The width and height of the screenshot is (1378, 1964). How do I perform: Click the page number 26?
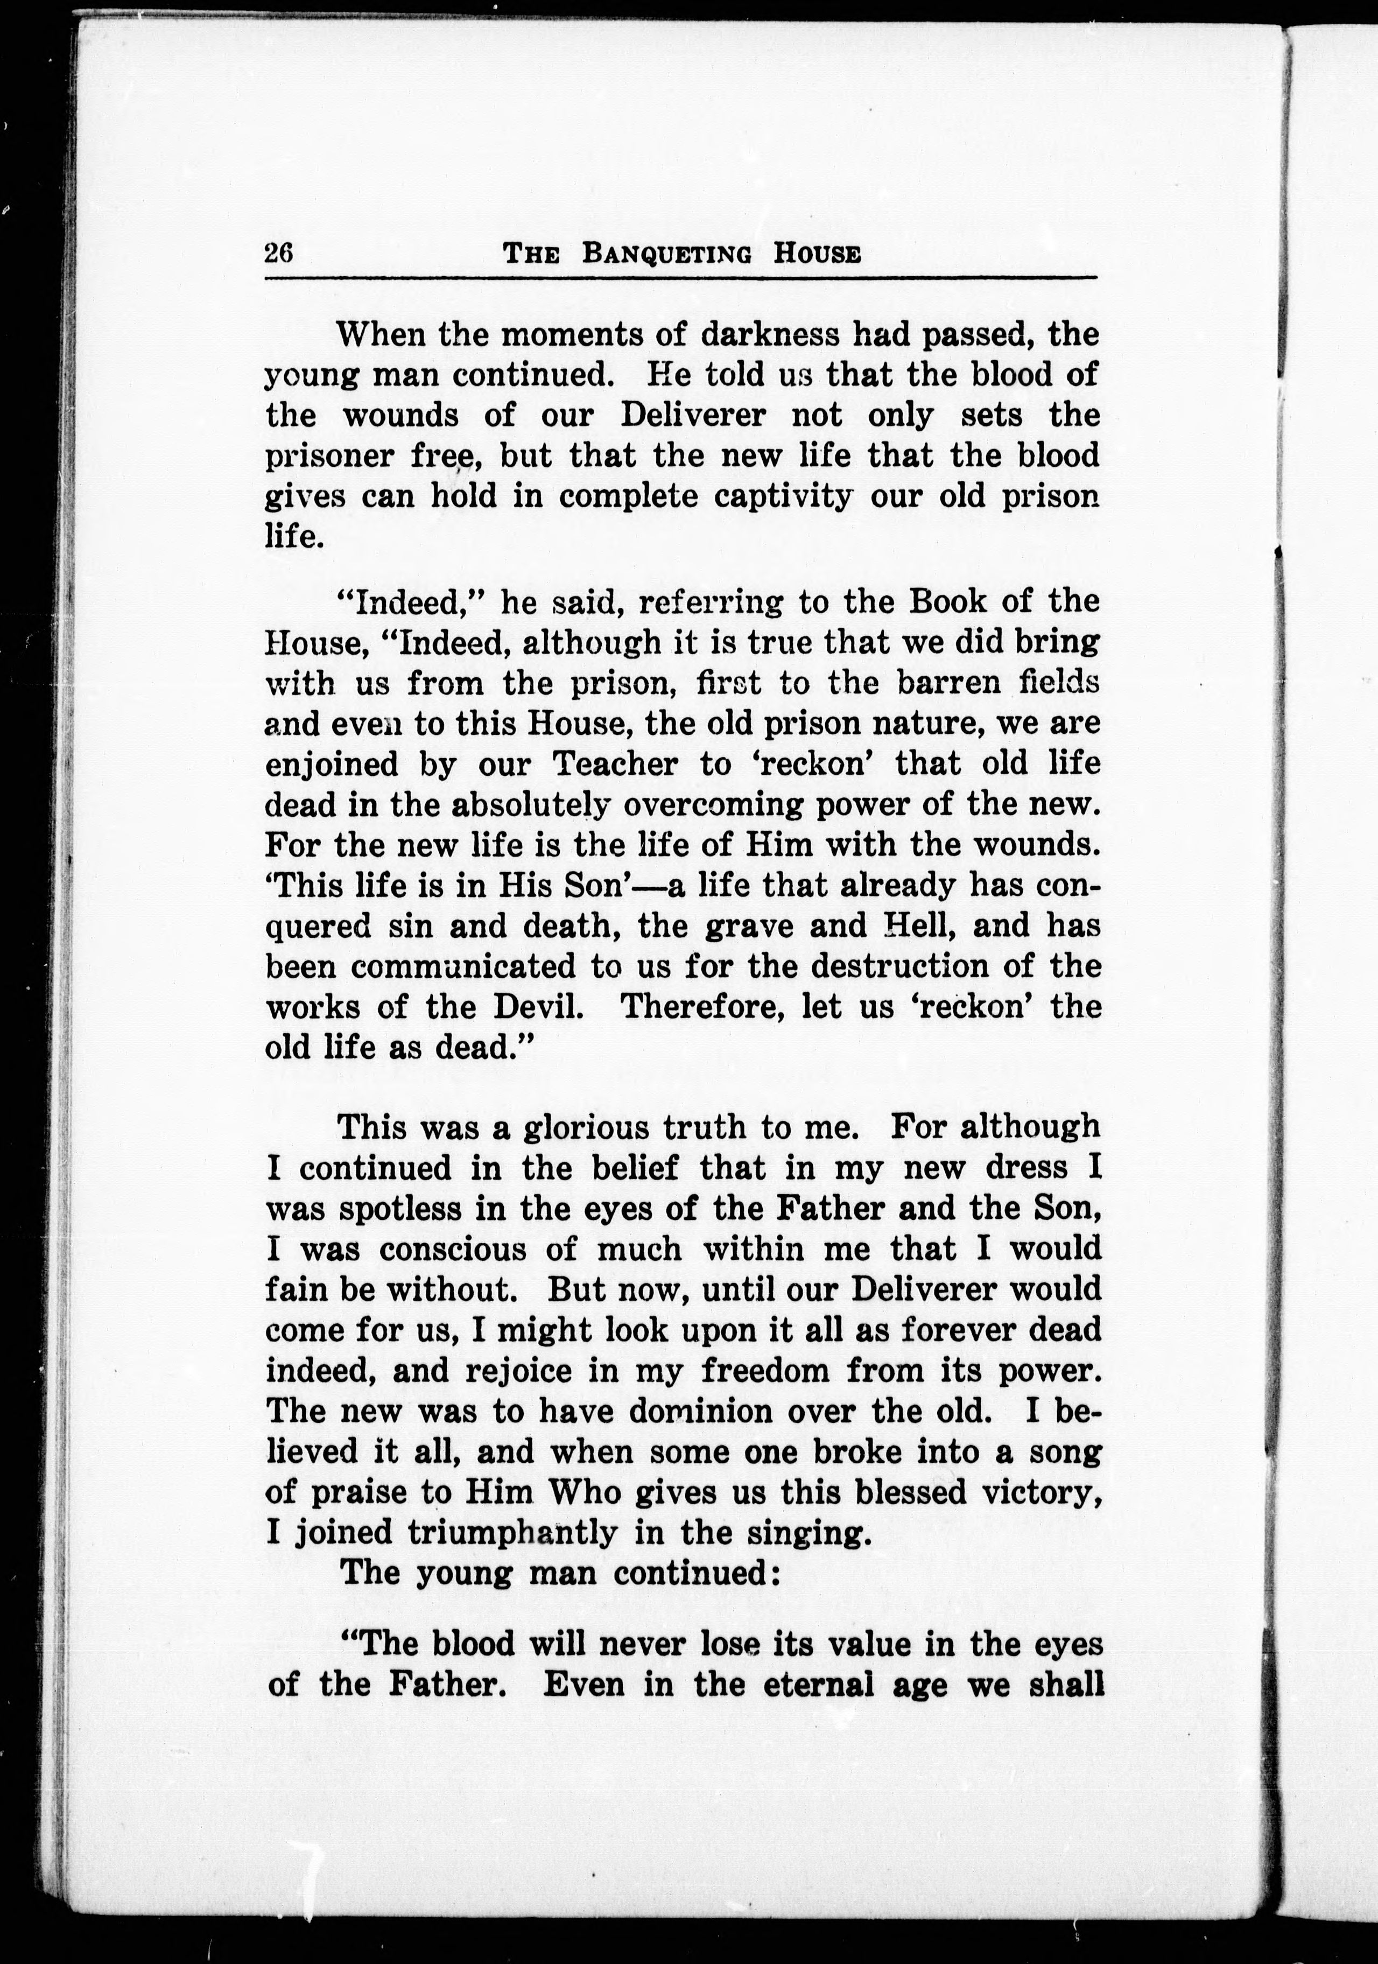(x=279, y=254)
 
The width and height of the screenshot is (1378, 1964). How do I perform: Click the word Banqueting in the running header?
(x=667, y=255)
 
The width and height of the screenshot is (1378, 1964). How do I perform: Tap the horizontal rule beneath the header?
(x=680, y=278)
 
